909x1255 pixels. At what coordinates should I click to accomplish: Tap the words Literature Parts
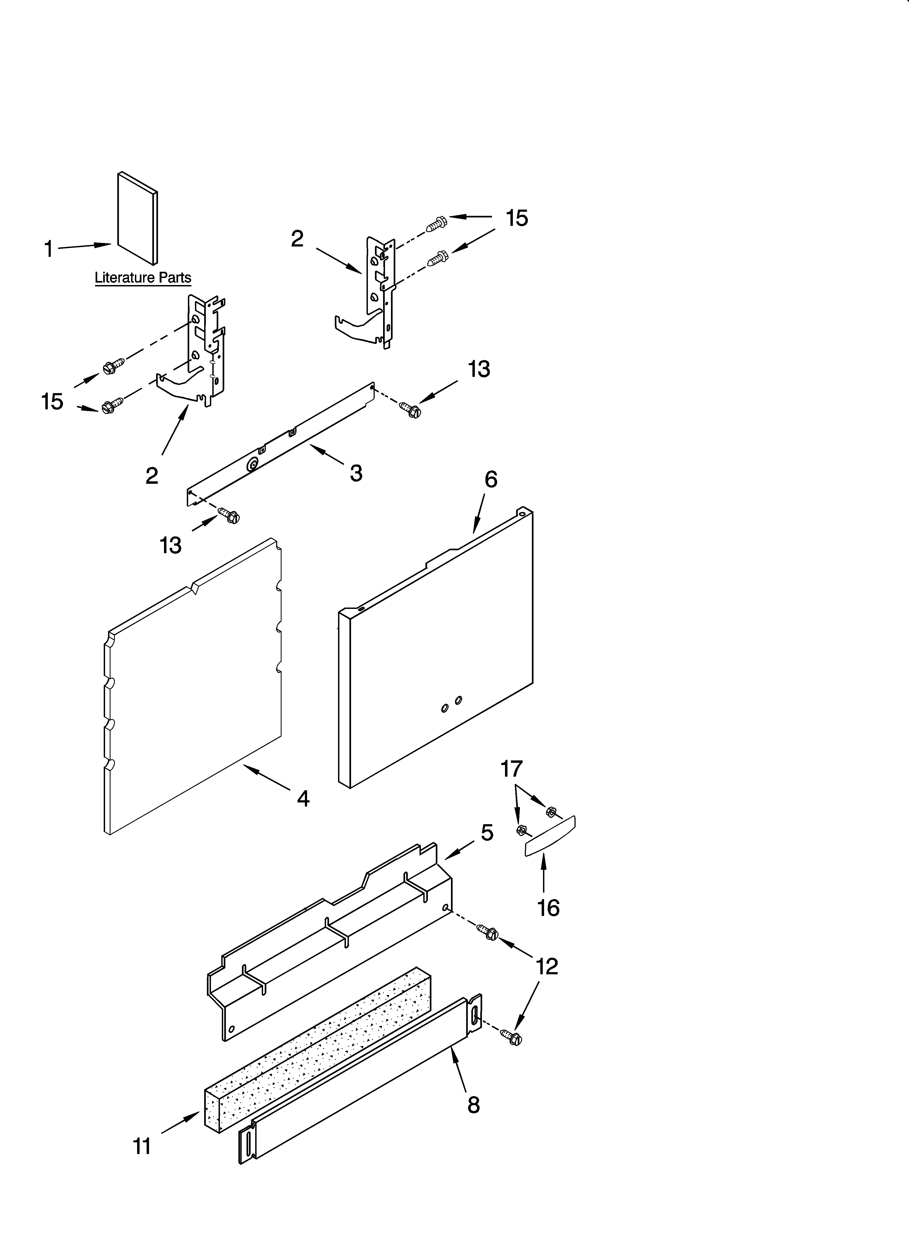point(143,278)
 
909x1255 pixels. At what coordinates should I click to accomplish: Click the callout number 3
point(356,473)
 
